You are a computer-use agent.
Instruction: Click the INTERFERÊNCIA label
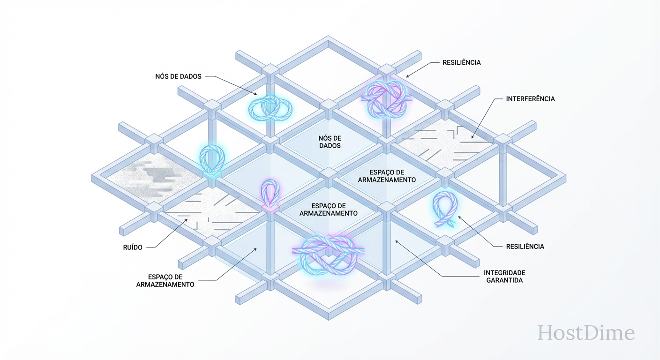(x=530, y=99)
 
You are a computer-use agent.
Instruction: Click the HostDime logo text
(x=586, y=333)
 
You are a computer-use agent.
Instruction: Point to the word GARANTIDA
(x=504, y=280)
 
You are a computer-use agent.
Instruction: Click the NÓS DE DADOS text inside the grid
(x=330, y=142)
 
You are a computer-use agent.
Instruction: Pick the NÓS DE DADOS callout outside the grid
(x=178, y=76)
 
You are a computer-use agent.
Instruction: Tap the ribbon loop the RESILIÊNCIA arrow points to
(x=444, y=209)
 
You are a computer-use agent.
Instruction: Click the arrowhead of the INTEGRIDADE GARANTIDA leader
(x=397, y=241)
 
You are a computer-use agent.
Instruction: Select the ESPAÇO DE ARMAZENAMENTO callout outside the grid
(x=165, y=280)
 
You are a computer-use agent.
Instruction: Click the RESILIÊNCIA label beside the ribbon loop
(x=525, y=246)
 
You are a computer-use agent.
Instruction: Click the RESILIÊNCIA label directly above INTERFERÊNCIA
(x=461, y=62)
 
